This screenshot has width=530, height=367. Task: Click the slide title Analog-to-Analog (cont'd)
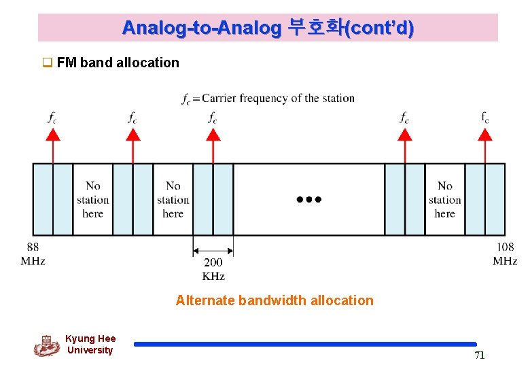[268, 28]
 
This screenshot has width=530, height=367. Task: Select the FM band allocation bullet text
[118, 63]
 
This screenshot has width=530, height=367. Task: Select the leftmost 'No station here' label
[93, 199]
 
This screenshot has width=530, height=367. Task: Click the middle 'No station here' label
[173, 199]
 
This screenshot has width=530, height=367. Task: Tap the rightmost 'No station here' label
[445, 199]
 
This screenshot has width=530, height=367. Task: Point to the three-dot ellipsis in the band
[308, 200]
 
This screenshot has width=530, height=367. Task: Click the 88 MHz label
[33, 254]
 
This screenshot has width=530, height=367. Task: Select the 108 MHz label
[505, 254]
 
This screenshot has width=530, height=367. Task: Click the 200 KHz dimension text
[213, 269]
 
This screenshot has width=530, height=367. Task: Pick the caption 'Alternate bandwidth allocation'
[275, 300]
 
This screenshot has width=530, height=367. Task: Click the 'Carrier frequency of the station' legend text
[278, 98]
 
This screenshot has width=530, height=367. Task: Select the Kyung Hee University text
[90, 345]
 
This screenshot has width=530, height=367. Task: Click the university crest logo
[46, 345]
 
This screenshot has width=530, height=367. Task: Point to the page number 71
[479, 355]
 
